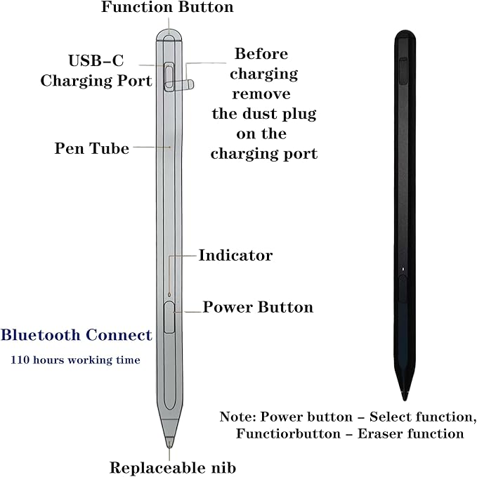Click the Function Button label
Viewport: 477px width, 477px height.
pyautogui.click(x=167, y=7)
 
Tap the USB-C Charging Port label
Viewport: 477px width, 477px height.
pyautogui.click(x=96, y=70)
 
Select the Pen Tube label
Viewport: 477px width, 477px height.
pyautogui.click(x=91, y=148)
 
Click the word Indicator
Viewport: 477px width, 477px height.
pyautogui.click(x=235, y=255)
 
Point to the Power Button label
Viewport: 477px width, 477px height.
pyautogui.click(x=258, y=307)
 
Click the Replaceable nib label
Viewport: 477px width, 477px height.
pyautogui.click(x=173, y=468)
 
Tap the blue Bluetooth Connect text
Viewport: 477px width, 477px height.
pyautogui.click(x=77, y=335)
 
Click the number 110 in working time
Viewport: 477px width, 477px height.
pyautogui.click(x=20, y=360)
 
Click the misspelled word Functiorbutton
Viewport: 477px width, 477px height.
pyautogui.click(x=289, y=433)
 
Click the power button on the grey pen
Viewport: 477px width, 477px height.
pyautogui.click(x=169, y=317)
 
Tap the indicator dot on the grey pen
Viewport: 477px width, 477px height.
pyautogui.click(x=169, y=294)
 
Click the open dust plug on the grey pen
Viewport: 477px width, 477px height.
pyautogui.click(x=179, y=85)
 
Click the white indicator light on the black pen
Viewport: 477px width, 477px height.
pyautogui.click(x=403, y=269)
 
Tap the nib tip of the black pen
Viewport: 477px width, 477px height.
pyautogui.click(x=405, y=398)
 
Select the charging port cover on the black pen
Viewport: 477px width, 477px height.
pyautogui.click(x=404, y=70)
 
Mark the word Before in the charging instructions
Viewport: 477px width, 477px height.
pyautogui.click(x=261, y=54)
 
